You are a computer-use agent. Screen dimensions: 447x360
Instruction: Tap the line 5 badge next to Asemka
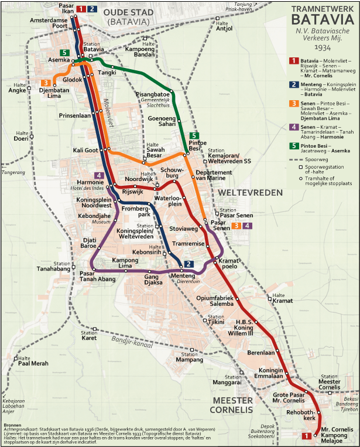(64, 53)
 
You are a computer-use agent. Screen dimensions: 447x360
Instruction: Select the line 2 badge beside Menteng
(188, 264)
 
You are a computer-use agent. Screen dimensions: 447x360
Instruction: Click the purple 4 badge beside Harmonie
(100, 175)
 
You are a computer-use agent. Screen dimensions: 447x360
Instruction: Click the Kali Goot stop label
(85, 151)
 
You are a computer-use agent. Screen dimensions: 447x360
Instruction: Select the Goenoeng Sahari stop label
(162, 121)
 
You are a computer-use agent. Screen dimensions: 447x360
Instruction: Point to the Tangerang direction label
(13, 172)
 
